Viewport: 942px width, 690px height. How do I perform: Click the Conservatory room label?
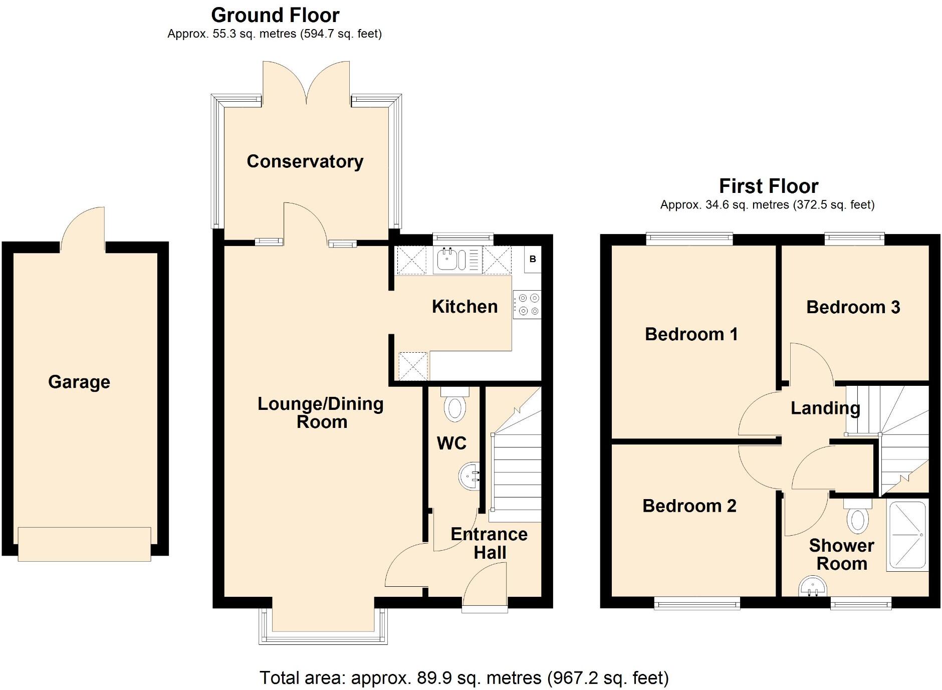click(305, 161)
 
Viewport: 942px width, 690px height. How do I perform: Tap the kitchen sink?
click(446, 260)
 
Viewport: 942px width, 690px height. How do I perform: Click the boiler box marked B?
click(533, 259)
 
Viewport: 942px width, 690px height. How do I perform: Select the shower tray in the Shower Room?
click(907, 536)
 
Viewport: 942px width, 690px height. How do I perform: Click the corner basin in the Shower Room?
click(811, 587)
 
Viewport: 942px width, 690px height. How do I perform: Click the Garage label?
click(79, 382)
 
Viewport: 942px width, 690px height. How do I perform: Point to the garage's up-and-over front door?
click(84, 544)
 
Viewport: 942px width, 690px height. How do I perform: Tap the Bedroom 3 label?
click(853, 307)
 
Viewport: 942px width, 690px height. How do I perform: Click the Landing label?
click(825, 408)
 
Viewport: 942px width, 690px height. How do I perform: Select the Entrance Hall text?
click(489, 543)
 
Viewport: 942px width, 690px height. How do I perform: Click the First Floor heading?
click(768, 186)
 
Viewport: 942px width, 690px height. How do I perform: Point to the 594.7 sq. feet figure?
click(341, 34)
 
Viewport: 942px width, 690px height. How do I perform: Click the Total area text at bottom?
click(464, 678)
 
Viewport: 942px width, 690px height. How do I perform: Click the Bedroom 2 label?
click(689, 506)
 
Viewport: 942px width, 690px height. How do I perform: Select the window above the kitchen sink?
click(463, 238)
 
